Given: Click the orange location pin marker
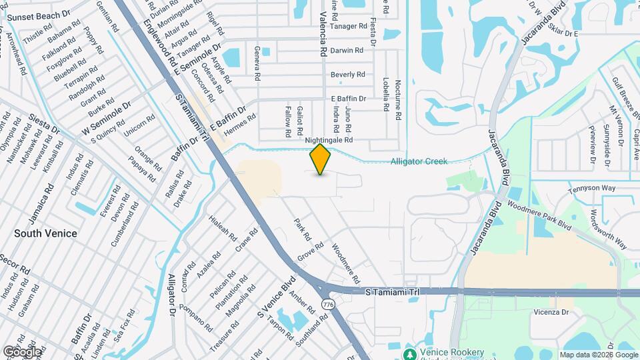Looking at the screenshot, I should point(321,159).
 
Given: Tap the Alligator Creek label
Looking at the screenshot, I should point(419,161).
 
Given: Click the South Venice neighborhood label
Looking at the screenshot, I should point(45,233).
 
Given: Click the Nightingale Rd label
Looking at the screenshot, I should point(328,141).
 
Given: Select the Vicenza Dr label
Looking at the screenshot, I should point(550,311).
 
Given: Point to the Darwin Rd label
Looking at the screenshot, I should point(347,50).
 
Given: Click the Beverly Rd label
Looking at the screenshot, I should point(347,75).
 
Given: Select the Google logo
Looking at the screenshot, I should point(21,351).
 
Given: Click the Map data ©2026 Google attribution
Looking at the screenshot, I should point(598,355).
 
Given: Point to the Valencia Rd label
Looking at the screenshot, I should point(323,33).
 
